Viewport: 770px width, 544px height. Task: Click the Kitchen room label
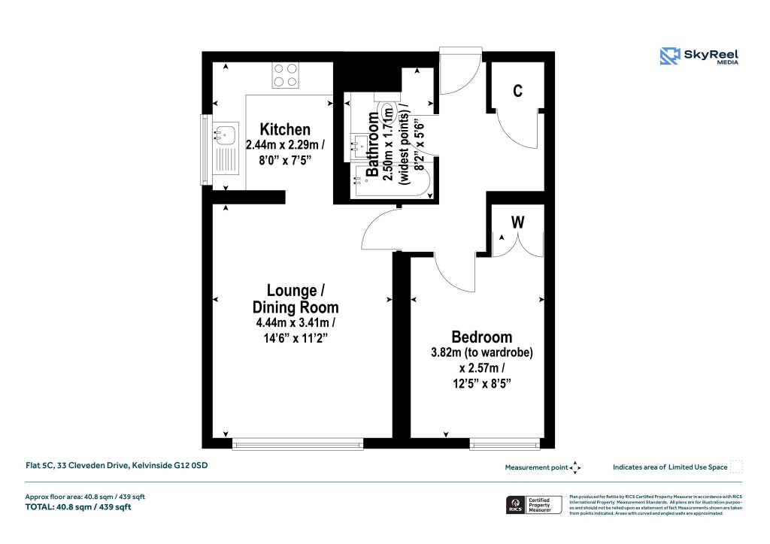pos(285,129)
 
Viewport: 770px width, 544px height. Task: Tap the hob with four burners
pos(286,75)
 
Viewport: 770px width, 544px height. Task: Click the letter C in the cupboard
pos(517,91)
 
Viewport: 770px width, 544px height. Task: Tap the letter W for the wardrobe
pos(517,223)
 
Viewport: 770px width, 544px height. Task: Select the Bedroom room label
pos(481,337)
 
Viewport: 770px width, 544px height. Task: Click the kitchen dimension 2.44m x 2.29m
pos(285,145)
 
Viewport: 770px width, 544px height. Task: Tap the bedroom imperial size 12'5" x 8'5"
pos(481,384)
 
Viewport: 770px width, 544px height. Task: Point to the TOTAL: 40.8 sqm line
pos(79,507)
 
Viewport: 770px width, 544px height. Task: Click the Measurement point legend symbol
pos(576,467)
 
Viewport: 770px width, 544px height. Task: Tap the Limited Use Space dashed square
pos(736,467)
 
